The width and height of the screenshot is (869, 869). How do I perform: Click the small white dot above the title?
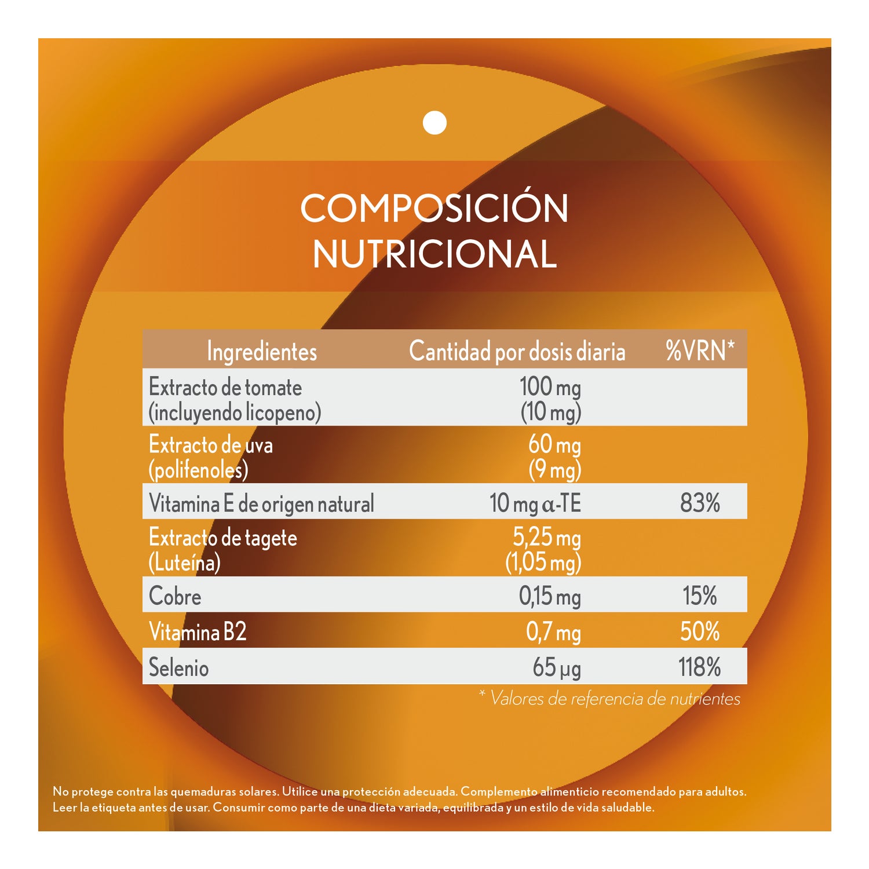click(434, 123)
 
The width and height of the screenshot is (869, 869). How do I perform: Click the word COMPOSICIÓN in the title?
click(434, 209)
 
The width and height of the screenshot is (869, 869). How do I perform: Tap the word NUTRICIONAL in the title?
click(434, 254)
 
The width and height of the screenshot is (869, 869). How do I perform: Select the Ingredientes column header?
click(262, 352)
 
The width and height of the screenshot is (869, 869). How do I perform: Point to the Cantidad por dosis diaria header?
click(517, 352)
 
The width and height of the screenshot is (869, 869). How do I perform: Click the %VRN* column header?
click(700, 350)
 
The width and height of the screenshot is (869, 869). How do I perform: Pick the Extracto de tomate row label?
click(225, 387)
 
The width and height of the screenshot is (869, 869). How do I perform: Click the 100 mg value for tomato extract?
click(550, 386)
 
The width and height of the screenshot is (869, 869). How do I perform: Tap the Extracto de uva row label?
click(211, 445)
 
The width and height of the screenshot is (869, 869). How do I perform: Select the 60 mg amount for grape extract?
click(554, 444)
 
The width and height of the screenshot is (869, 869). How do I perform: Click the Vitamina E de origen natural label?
click(261, 503)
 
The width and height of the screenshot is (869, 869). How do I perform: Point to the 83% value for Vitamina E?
click(700, 503)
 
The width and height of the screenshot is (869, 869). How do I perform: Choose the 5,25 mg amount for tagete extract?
click(546, 538)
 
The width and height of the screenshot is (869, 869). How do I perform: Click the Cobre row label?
click(175, 596)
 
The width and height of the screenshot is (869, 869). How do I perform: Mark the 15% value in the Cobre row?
click(700, 596)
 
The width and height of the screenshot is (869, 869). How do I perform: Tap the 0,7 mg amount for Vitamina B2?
click(553, 632)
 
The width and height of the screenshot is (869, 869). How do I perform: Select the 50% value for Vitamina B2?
click(700, 631)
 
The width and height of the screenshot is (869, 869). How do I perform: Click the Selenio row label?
click(178, 667)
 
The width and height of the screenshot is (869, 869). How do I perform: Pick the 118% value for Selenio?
click(700, 667)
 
